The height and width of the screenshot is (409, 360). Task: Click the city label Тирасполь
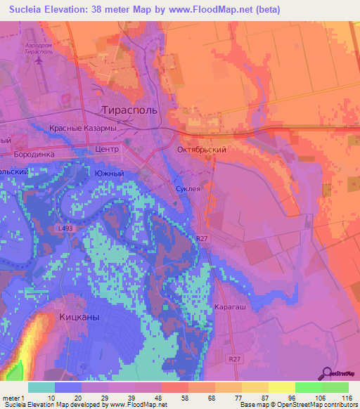tap(130, 110)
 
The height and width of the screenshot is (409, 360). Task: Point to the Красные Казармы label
tap(82, 129)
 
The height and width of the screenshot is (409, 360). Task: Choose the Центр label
tap(108, 150)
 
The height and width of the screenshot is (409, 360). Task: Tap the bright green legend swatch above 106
tap(309, 387)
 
